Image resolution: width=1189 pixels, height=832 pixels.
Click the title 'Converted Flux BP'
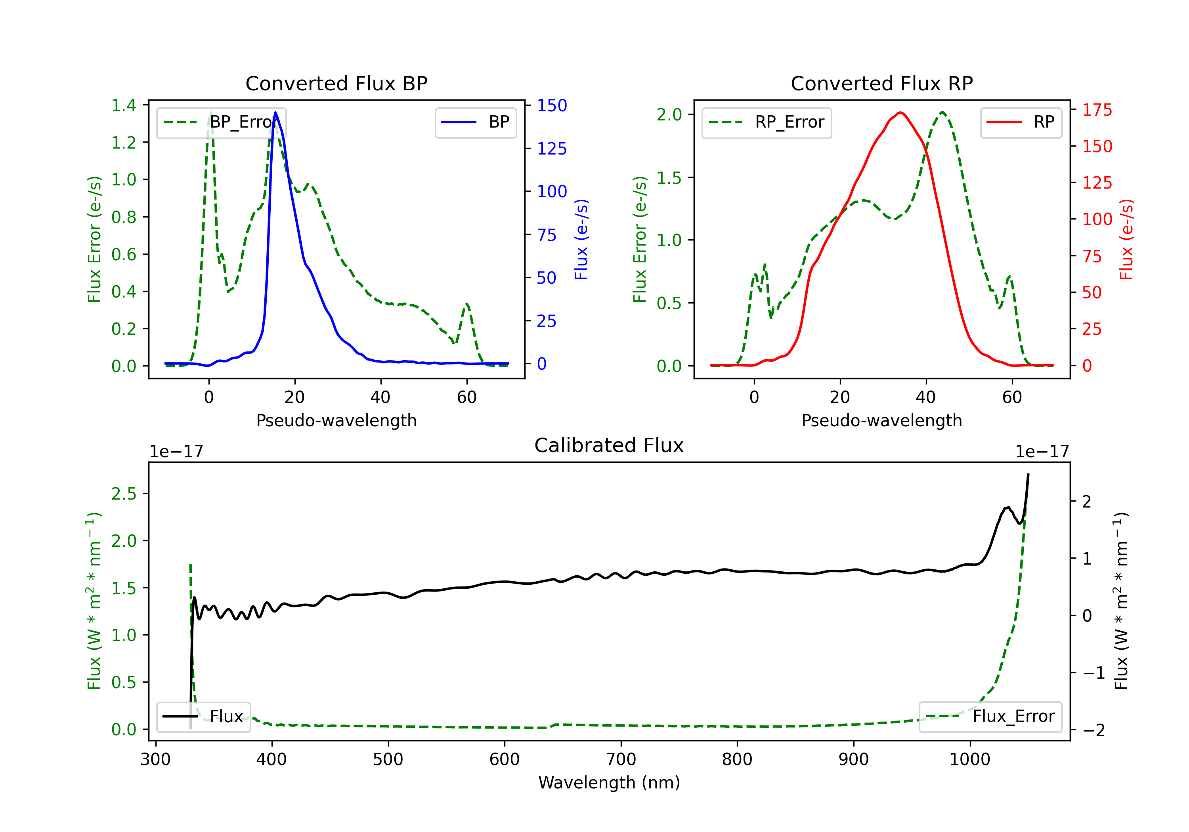[x=336, y=83]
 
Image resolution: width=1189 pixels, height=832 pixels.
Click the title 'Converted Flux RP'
[x=881, y=83]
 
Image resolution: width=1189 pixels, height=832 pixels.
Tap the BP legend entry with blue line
[x=475, y=122]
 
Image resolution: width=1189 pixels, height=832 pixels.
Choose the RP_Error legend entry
[x=767, y=122]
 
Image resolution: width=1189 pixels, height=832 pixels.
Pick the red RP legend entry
[x=1021, y=122]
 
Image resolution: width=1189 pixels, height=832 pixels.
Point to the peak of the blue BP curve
[x=275, y=113]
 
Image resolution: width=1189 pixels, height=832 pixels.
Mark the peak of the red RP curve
[x=900, y=113]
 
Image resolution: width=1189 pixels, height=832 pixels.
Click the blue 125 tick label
[x=552, y=149]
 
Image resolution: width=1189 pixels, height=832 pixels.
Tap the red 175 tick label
[x=1097, y=110]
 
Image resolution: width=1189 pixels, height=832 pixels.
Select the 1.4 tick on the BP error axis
[x=124, y=106]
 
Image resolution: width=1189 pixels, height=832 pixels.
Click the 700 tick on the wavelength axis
[x=621, y=759]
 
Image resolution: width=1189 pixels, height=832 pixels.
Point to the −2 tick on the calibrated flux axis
[x=1093, y=730]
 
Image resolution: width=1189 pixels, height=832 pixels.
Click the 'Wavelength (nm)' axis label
[x=609, y=782]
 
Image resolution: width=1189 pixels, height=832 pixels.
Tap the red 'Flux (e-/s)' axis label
[x=1126, y=239]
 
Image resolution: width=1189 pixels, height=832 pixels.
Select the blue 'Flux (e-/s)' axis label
[x=581, y=239]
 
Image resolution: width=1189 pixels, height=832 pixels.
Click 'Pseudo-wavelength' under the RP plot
[x=881, y=420]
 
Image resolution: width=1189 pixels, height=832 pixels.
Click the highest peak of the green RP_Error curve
[x=942, y=113]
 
